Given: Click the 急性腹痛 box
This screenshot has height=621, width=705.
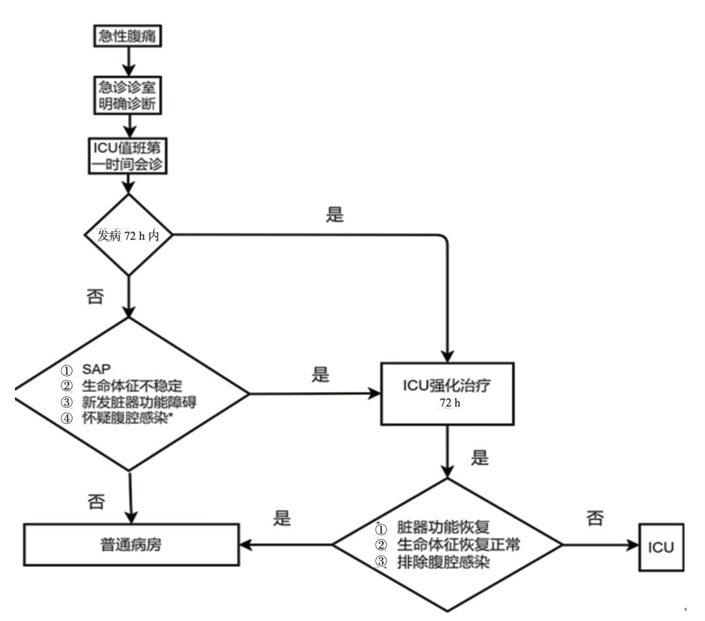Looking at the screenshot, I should tap(127, 37).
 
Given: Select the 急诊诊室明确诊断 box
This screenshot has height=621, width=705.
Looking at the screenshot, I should tap(127, 96).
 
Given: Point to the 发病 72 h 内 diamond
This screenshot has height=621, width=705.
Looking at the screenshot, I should tap(128, 235).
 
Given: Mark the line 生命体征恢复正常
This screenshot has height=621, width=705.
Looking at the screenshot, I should tap(458, 544).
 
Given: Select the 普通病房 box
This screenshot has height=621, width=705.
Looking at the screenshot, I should tap(132, 544).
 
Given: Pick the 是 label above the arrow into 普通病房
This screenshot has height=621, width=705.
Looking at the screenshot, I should tap(282, 519).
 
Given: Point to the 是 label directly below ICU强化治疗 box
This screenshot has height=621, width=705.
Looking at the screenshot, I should tap(479, 458).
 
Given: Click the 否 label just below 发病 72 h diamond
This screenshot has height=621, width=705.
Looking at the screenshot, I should tap(95, 297).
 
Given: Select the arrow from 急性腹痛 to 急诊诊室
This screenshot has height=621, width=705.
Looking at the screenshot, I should tap(127, 61).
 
